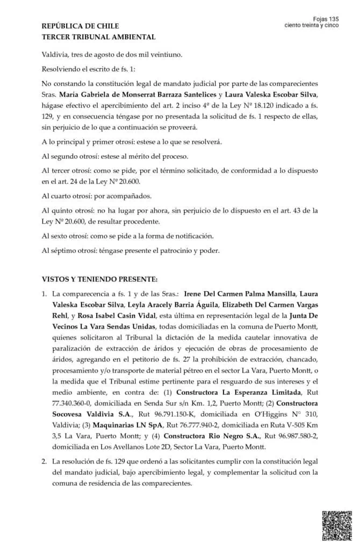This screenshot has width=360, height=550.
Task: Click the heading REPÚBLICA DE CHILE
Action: click(80, 26)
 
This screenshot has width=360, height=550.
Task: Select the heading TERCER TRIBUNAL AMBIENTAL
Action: click(98, 37)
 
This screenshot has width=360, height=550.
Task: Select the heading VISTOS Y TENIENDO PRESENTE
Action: click(99, 279)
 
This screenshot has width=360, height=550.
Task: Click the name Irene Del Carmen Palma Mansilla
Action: click(240, 294)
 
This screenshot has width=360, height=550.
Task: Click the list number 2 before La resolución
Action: click(44, 462)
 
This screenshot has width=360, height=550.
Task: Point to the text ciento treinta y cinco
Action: click(312, 25)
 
